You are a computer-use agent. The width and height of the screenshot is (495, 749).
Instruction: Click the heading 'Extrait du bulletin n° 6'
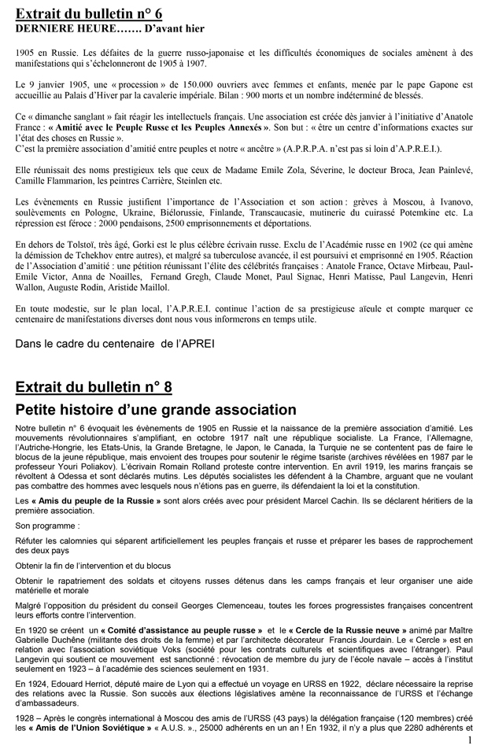click(93, 13)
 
